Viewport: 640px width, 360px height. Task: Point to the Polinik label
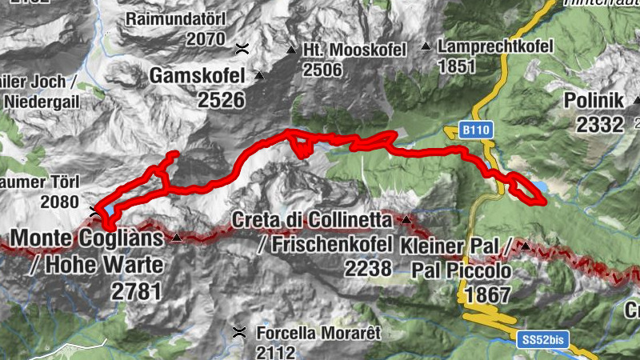tap(593, 101)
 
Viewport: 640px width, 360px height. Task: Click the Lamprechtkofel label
tap(496, 47)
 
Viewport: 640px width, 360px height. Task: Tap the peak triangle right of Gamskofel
tap(258, 77)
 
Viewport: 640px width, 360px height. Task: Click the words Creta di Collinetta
tap(312, 219)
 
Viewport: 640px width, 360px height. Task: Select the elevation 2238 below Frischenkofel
tap(369, 269)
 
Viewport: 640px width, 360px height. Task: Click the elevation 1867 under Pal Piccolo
tap(487, 295)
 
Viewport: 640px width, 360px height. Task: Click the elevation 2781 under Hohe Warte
tap(136, 291)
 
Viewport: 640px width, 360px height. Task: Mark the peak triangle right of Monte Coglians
tap(177, 238)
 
